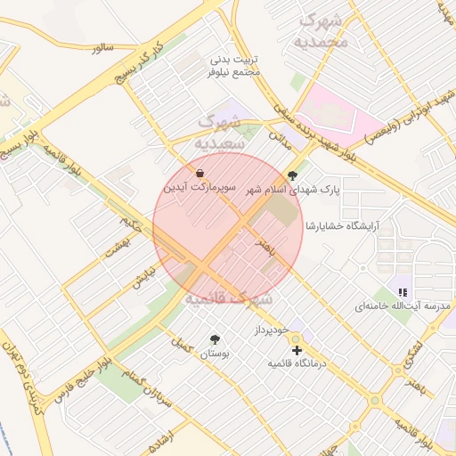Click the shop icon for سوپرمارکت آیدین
pos(200,173)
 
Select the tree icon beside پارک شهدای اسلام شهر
pos(294,175)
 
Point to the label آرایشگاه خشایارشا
pos(342,225)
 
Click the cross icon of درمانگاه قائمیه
pos(297,350)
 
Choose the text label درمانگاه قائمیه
pos(298,364)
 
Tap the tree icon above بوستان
pos(215,339)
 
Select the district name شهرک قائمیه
pos(227,299)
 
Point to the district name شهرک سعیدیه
pos(217,130)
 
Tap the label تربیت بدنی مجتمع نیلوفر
pos(235,65)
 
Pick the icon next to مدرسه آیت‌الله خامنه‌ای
pos(403,291)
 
